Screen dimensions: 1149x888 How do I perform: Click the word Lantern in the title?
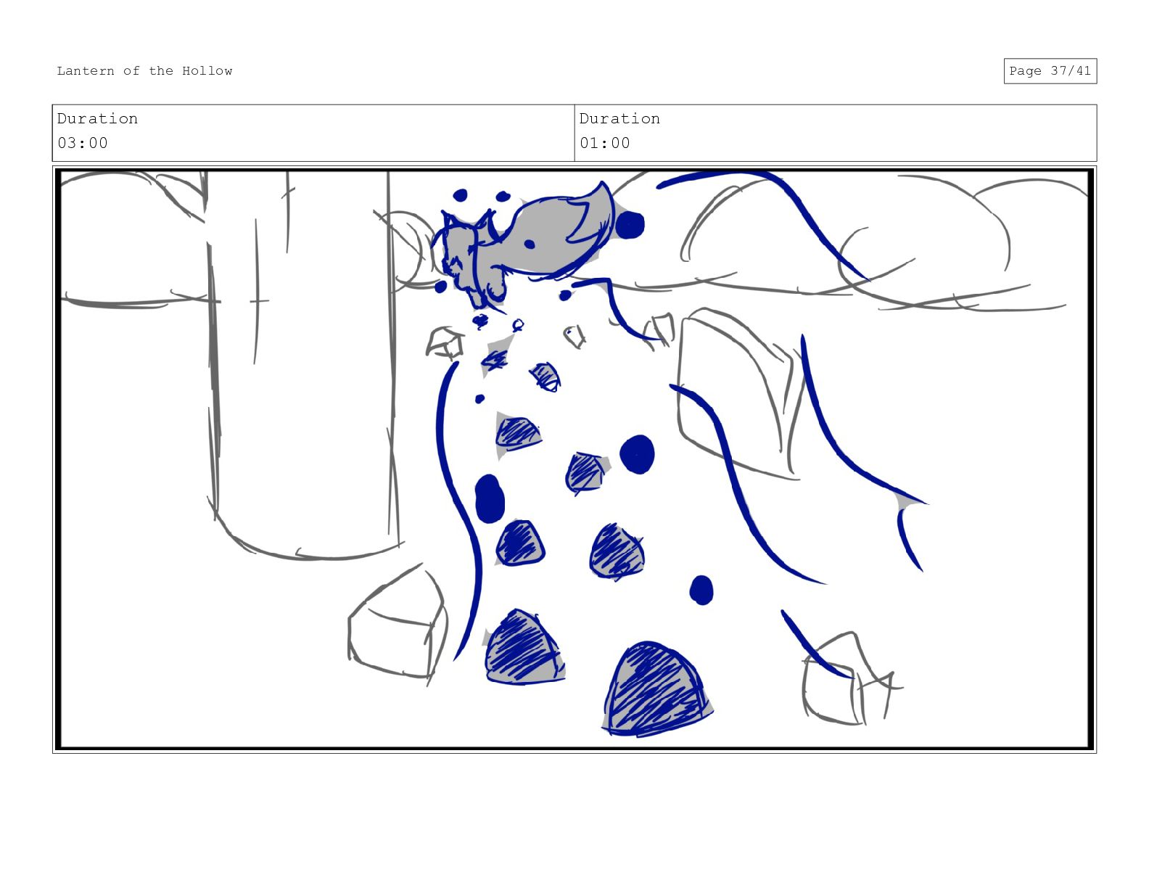pyautogui.click(x=85, y=71)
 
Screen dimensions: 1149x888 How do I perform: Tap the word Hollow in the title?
pyautogui.click(x=207, y=71)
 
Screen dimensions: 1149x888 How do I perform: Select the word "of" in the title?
pyautogui.click(x=131, y=71)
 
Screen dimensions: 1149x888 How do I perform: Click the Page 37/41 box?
pyautogui.click(x=1050, y=71)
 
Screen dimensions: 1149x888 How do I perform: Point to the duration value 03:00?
pyautogui.click(x=83, y=143)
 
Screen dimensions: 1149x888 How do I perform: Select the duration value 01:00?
pyautogui.click(x=604, y=143)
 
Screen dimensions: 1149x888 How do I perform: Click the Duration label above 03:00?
pyautogui.click(x=97, y=118)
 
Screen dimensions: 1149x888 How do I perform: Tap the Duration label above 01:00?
pyautogui.click(x=619, y=118)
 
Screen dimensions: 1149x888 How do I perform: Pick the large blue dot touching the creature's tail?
pyautogui.click(x=629, y=226)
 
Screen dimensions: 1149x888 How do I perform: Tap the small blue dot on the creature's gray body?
pyautogui.click(x=529, y=244)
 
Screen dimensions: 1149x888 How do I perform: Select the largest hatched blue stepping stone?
pyautogui.click(x=656, y=689)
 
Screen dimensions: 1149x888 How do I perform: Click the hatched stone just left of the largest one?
pyautogui.click(x=524, y=649)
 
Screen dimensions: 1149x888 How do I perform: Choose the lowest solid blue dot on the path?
pyautogui.click(x=701, y=591)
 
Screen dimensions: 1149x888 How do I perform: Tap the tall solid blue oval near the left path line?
pyautogui.click(x=489, y=498)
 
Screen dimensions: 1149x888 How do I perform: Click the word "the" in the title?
pyautogui.click(x=161, y=71)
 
